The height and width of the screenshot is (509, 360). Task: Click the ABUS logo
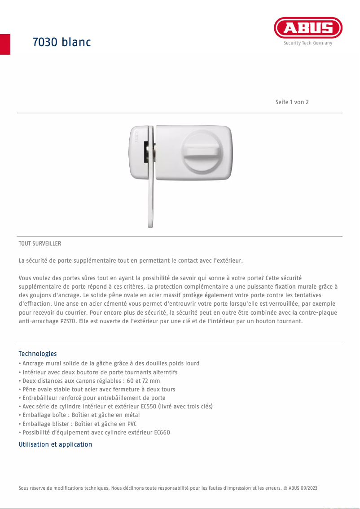coord(308,28)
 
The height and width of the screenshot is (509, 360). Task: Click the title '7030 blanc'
coord(61,42)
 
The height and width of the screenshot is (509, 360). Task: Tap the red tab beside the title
coord(5,44)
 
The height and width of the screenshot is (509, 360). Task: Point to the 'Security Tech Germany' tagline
coord(308,43)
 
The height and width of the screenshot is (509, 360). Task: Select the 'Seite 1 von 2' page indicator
coord(292,102)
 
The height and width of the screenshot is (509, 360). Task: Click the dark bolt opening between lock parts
coord(147,153)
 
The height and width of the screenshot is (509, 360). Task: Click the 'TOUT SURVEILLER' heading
coord(40,244)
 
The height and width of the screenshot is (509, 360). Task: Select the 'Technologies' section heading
coord(38,354)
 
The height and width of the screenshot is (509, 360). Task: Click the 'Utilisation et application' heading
coord(55,444)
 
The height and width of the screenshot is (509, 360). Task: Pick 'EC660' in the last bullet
coord(162,432)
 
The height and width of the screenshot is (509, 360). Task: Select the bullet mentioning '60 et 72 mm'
coord(90,381)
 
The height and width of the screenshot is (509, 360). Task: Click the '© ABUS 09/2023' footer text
coord(301,487)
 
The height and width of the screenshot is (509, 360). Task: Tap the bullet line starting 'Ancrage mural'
coord(110,363)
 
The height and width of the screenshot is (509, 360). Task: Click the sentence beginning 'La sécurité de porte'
coord(131,260)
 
